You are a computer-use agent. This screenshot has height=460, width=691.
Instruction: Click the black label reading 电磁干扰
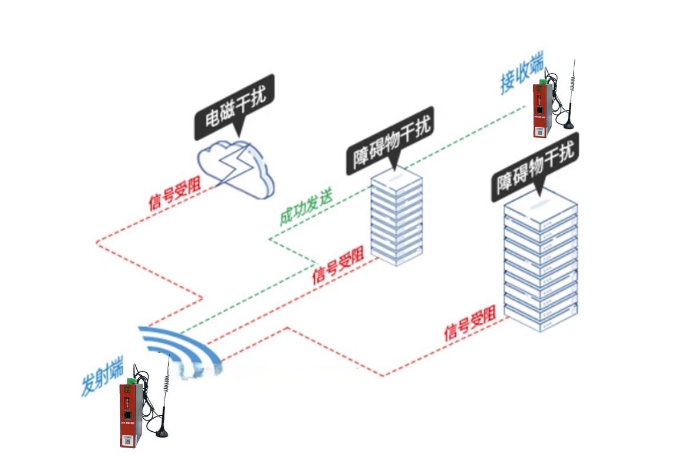pyautogui.click(x=235, y=107)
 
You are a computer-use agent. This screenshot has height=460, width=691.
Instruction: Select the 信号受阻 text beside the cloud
pyautogui.click(x=175, y=194)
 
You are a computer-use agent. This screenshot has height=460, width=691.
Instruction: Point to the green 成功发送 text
pyautogui.click(x=307, y=208)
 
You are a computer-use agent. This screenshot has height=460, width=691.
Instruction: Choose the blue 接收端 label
pyautogui.click(x=522, y=74)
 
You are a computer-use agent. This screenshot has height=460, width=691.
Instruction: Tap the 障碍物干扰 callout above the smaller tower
pyautogui.click(x=390, y=141)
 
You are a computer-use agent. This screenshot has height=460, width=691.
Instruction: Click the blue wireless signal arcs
pyautogui.click(x=180, y=348)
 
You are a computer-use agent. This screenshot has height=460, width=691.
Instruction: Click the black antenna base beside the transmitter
pyautogui.click(x=162, y=433)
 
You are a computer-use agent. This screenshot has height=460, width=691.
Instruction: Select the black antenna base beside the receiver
pyautogui.click(x=568, y=125)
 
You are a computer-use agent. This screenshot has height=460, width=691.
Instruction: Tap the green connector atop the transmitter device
pyautogui.click(x=131, y=380)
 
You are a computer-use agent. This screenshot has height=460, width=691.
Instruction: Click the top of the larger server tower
pyautogui.click(x=541, y=203)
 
